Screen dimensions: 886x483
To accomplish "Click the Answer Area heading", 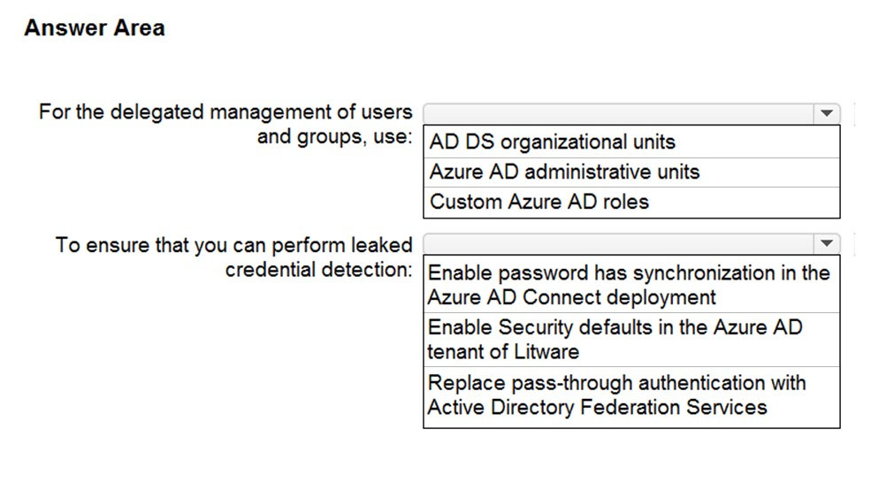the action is pos(95,27).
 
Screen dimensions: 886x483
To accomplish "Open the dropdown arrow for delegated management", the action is pos(827,113).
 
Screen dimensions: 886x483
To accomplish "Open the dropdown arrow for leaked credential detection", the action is pos(827,243).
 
